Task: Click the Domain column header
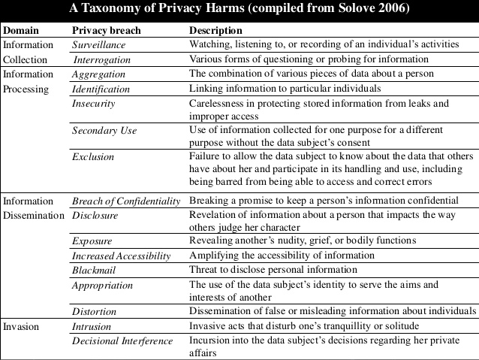[20, 31]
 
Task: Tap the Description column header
[215, 31]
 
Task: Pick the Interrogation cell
[103, 59]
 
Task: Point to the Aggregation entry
[98, 74]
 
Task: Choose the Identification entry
[101, 89]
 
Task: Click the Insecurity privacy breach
[93, 103]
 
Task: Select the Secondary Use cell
[104, 131]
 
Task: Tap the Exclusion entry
[93, 157]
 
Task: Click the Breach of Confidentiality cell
[126, 201]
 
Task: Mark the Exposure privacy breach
[92, 241]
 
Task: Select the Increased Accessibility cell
[122, 256]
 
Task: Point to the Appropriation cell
[102, 285]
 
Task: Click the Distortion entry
[95, 311]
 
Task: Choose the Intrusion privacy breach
[92, 328]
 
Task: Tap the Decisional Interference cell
[120, 342]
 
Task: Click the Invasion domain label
[21, 328]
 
